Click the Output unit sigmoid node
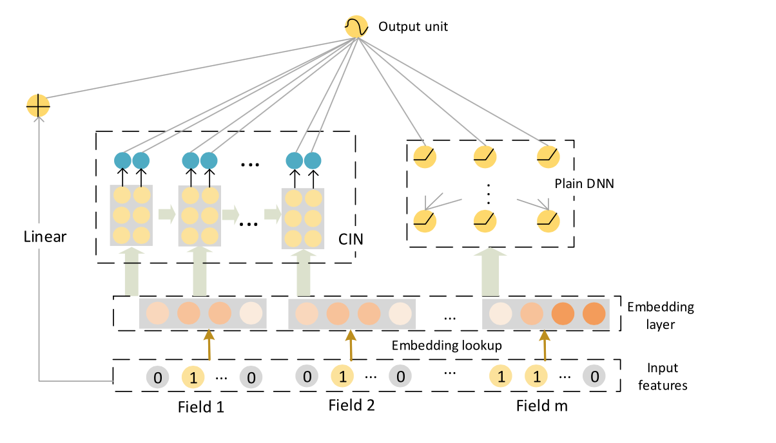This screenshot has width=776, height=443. pyautogui.click(x=356, y=26)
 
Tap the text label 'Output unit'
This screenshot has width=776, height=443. pyautogui.click(x=412, y=27)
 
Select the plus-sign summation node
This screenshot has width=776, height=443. pyautogui.click(x=38, y=106)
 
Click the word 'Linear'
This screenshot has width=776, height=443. pyautogui.click(x=44, y=236)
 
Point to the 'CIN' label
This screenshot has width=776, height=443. pyautogui.click(x=351, y=240)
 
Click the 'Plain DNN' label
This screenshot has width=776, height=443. pyautogui.click(x=585, y=184)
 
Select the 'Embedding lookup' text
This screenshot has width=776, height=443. pyautogui.click(x=447, y=346)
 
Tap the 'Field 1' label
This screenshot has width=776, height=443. pyautogui.click(x=201, y=407)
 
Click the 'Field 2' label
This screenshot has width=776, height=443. pyautogui.click(x=351, y=405)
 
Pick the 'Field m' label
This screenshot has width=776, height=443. pyautogui.click(x=541, y=406)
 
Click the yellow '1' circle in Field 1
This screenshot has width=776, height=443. pyautogui.click(x=193, y=377)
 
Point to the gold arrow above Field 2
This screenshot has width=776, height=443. pyautogui.click(x=351, y=345)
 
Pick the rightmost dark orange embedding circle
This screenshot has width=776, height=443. pyautogui.click(x=594, y=313)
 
